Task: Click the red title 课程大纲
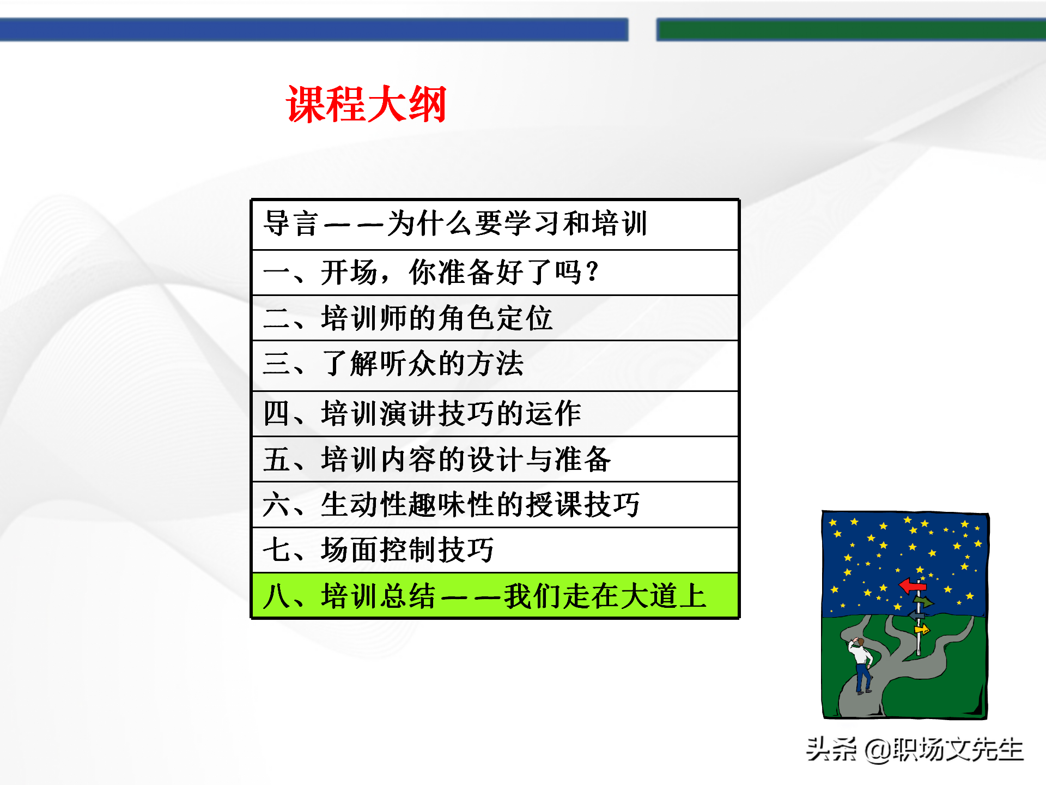click(366, 104)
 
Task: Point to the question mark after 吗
click(593, 271)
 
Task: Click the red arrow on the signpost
click(912, 586)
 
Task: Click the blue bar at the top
click(314, 29)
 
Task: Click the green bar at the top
click(850, 29)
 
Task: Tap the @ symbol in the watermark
click(877, 751)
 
